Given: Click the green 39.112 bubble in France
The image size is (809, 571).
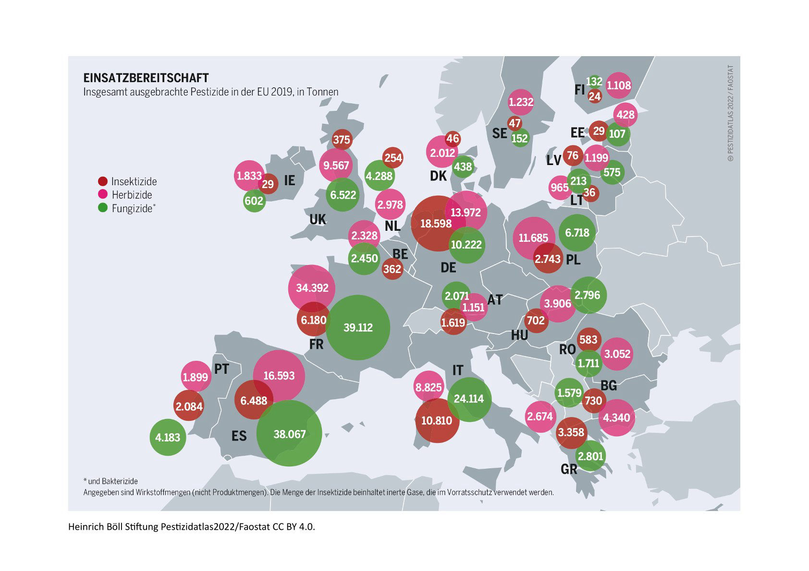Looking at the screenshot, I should coord(358,327).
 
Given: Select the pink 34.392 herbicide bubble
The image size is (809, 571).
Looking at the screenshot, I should coord(312,288).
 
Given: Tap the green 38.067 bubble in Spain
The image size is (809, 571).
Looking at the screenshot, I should coord(289,434).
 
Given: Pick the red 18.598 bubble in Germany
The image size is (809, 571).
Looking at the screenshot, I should coord(436,223).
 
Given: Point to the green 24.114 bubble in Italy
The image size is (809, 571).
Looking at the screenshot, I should coord(469,399).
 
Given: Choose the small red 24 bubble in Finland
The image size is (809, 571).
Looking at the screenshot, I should coord(595,96).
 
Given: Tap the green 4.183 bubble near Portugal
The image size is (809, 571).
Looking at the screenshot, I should coord(168,437).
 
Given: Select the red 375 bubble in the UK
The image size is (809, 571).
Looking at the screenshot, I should coord(342,140).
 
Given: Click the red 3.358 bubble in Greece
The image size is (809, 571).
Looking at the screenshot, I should coord(571,432).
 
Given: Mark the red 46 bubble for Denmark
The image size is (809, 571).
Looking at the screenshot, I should coord(453,139).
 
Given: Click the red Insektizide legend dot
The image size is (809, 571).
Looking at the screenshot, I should coord(102,181).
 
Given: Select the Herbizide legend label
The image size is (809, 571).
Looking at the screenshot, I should coord(132,195).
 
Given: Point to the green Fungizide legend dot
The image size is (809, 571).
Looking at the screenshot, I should coord(102,208).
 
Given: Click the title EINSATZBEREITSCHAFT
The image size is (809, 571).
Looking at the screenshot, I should coord(146,78).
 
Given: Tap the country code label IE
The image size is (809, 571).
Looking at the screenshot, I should coord(289,180).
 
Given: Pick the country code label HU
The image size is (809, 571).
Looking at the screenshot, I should coord(519,335).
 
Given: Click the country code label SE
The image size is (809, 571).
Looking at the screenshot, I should coord(500,133).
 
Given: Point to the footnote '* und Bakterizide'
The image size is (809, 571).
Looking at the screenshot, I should coord(110,481).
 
